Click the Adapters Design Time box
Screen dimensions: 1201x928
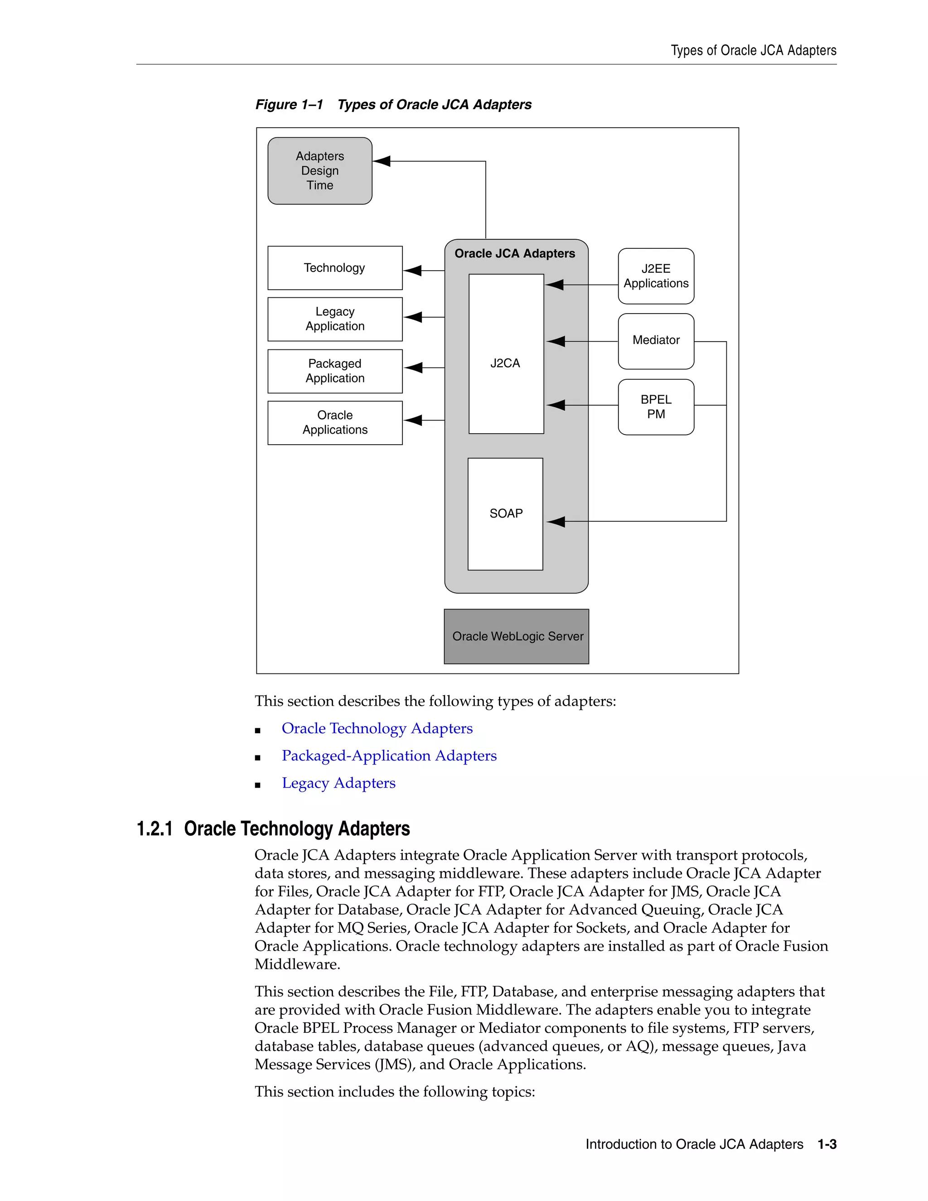point(319,171)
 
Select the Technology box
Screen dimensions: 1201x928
point(335,268)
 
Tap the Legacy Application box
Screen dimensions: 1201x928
point(335,319)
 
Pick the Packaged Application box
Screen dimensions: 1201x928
point(335,371)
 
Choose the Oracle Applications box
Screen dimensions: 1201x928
point(335,422)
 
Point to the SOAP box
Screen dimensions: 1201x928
point(505,513)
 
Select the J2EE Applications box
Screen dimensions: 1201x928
point(656,276)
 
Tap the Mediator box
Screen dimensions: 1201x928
point(656,341)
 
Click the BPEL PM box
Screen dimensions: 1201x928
point(656,407)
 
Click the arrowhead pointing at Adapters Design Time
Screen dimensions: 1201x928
point(382,161)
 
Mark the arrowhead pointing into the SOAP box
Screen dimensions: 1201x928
point(556,521)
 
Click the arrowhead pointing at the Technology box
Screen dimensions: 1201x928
point(413,271)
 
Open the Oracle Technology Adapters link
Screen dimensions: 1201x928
point(377,728)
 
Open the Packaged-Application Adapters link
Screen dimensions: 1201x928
point(389,755)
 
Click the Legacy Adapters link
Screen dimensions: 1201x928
point(338,783)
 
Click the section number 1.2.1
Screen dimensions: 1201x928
point(155,829)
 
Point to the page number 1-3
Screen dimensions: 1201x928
point(826,1144)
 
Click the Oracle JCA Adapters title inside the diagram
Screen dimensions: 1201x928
point(515,253)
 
